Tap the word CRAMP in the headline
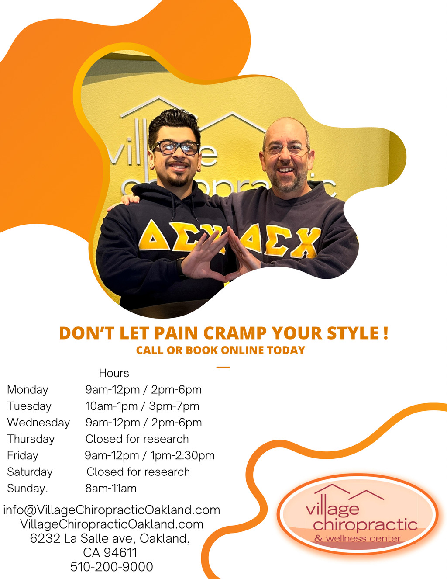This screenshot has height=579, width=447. click(x=235, y=333)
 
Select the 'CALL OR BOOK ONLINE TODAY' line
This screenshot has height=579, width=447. click(x=220, y=350)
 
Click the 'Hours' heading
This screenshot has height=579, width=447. click(x=114, y=373)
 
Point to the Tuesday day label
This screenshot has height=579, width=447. click(x=29, y=406)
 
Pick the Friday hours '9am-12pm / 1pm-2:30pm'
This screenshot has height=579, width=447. click(x=150, y=455)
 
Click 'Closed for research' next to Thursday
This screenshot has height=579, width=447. click(x=137, y=439)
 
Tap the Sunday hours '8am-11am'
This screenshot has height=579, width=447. click(x=111, y=489)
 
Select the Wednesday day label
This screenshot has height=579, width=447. click(x=38, y=423)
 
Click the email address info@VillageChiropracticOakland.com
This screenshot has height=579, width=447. click(x=112, y=510)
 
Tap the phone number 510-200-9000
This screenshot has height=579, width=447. click(x=112, y=567)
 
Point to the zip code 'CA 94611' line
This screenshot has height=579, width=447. click(x=110, y=553)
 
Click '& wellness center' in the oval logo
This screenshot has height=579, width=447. click(x=358, y=538)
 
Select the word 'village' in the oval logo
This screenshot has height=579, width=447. click(x=333, y=509)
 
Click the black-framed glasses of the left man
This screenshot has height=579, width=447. click(x=176, y=147)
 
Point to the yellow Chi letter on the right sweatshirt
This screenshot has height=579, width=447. click(x=306, y=243)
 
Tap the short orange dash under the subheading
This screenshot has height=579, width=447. click(x=223, y=368)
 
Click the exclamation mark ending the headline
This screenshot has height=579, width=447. click(x=386, y=333)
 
